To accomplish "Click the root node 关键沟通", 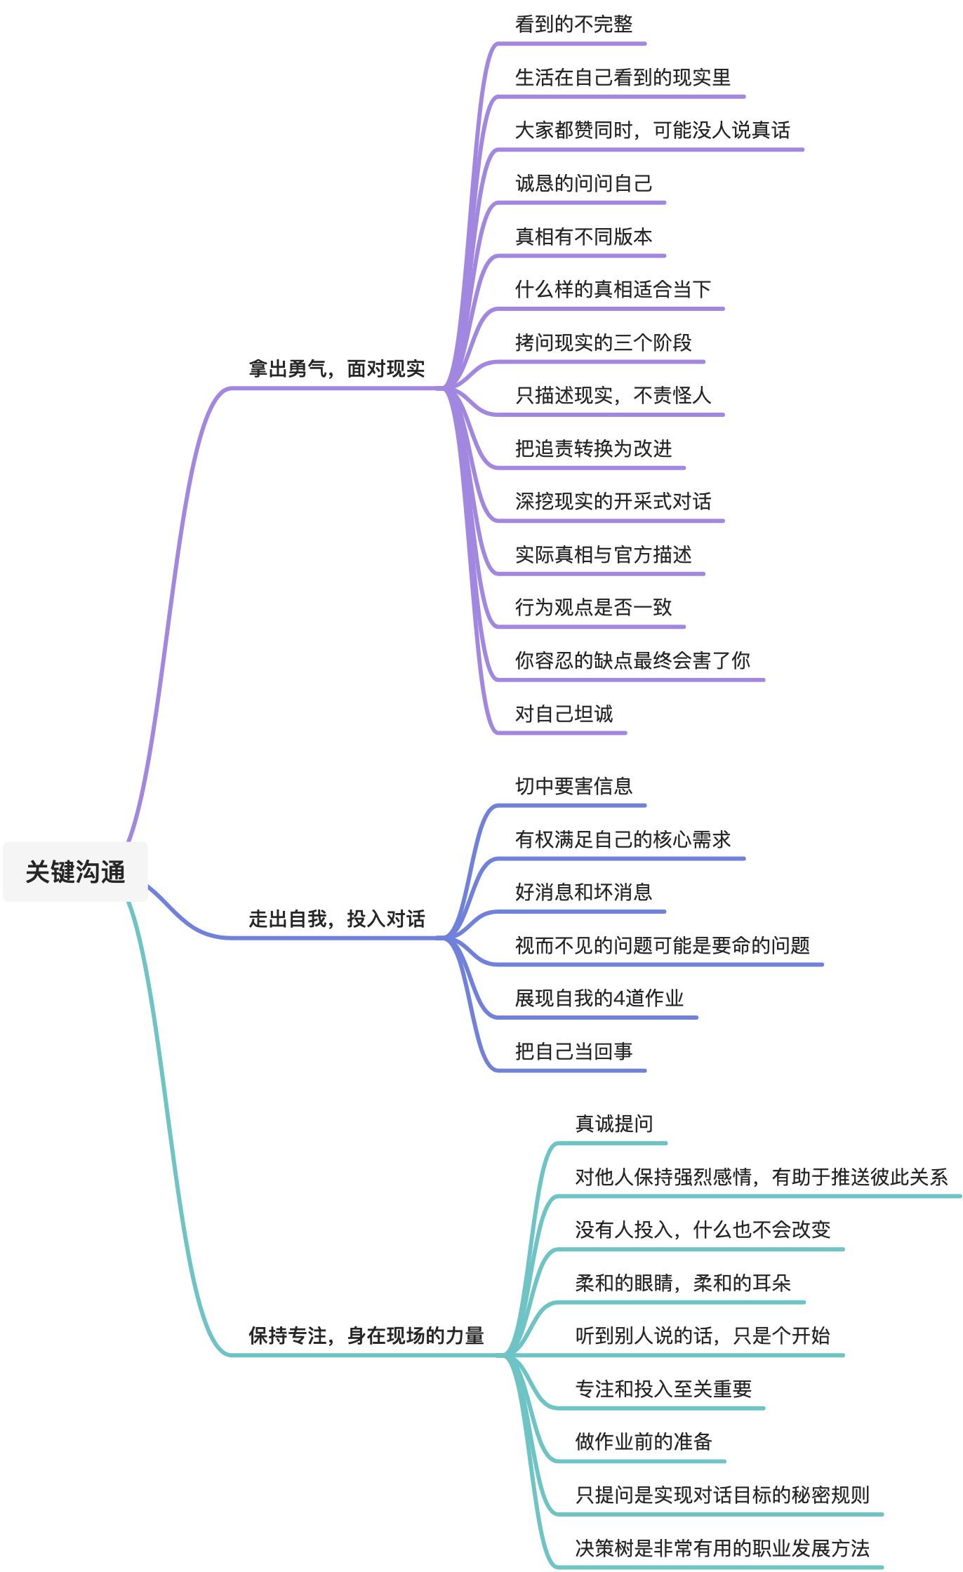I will tap(75, 872).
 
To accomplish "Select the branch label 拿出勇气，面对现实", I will tap(336, 368).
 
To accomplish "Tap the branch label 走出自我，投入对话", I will tap(336, 919).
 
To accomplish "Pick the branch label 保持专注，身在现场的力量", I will tap(366, 1335).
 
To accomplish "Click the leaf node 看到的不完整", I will tap(573, 25).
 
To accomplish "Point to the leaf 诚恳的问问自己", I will tap(583, 184).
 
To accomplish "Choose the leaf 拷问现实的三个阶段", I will tap(603, 342).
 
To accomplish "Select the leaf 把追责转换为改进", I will tap(593, 448).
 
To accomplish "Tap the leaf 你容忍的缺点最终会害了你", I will tap(632, 660).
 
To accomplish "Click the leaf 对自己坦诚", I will tap(564, 714).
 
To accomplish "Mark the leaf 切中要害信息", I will tap(573, 786).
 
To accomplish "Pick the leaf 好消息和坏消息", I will tap(583, 892).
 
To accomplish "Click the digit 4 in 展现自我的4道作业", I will tap(619, 999).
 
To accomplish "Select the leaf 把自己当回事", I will tap(573, 1051).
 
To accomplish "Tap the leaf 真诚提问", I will tap(614, 1124).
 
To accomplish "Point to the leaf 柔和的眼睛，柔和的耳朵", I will tap(682, 1283).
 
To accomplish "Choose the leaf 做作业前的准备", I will tap(644, 1441).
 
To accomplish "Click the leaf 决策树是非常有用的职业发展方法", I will tap(722, 1548).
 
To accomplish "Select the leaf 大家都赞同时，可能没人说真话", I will tap(652, 131).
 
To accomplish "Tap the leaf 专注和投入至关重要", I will tap(663, 1389).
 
